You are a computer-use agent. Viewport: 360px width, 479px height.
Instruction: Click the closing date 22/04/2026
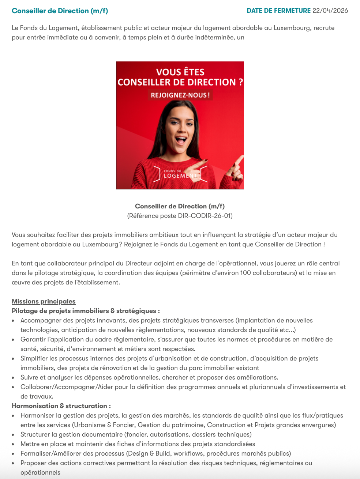[x=330, y=11]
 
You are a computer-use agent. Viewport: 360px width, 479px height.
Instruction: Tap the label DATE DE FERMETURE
[x=278, y=11]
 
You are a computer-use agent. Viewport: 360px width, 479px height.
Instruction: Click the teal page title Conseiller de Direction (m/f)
[x=60, y=11]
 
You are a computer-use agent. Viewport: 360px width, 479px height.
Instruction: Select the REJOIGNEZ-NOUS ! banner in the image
[x=180, y=95]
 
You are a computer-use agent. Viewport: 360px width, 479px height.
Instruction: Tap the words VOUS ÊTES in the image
[x=180, y=72]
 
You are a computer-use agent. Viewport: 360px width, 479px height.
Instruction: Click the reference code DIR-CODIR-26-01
[x=205, y=216]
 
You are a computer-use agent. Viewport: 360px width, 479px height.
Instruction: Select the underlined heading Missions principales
[x=44, y=301]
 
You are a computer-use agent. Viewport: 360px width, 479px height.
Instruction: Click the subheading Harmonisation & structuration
[x=61, y=406]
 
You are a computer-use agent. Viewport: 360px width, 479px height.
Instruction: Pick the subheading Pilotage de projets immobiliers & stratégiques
[x=86, y=311]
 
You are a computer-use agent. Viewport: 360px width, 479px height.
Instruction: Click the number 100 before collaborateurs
[x=245, y=273]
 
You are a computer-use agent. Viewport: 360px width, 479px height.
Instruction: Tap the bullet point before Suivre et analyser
[x=13, y=377]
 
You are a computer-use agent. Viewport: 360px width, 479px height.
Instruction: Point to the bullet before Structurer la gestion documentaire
[x=13, y=434]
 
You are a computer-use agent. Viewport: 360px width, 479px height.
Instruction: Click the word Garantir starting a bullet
[x=33, y=339]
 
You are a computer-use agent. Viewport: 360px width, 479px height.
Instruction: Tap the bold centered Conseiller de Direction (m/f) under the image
[x=180, y=206]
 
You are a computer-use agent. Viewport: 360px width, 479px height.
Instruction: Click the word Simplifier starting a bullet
[x=36, y=358]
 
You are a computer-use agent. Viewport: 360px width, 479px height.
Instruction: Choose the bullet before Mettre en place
[x=13, y=444]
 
